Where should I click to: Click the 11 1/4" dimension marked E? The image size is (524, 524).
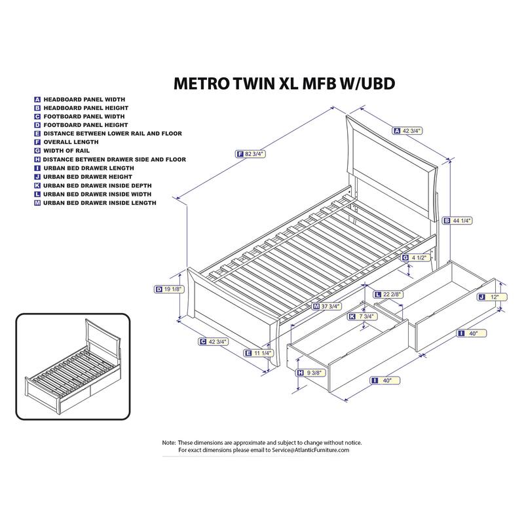point(262,353)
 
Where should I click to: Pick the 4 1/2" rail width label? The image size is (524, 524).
point(420,257)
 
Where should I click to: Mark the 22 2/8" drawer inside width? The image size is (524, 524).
point(392,294)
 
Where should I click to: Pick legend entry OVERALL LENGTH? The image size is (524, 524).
point(71,142)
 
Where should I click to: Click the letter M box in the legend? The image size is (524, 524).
point(38,203)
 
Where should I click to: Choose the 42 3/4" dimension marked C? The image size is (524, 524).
point(216,341)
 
